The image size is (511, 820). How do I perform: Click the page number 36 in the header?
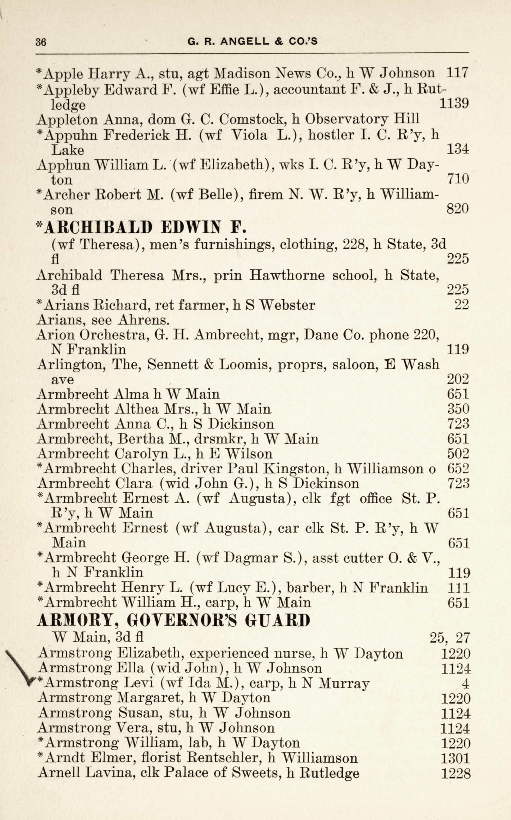(41, 42)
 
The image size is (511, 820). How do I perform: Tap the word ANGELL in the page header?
(245, 41)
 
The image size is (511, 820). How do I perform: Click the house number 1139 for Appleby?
(453, 103)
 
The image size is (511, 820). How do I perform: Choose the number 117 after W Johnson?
(457, 73)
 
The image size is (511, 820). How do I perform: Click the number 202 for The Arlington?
(458, 379)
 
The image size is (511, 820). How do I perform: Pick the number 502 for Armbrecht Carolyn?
(458, 454)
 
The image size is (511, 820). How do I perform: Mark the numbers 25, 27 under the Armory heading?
(450, 638)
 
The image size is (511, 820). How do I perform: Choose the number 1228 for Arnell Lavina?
(456, 773)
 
